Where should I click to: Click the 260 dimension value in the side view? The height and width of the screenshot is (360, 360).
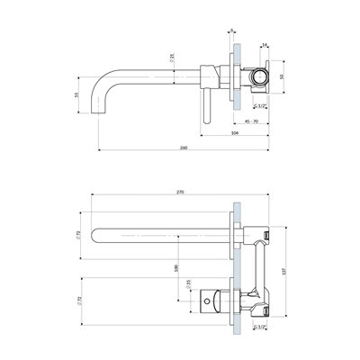(x=184, y=145)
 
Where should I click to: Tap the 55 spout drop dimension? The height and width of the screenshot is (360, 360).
(x=77, y=94)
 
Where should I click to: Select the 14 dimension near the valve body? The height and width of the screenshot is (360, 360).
(x=264, y=43)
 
